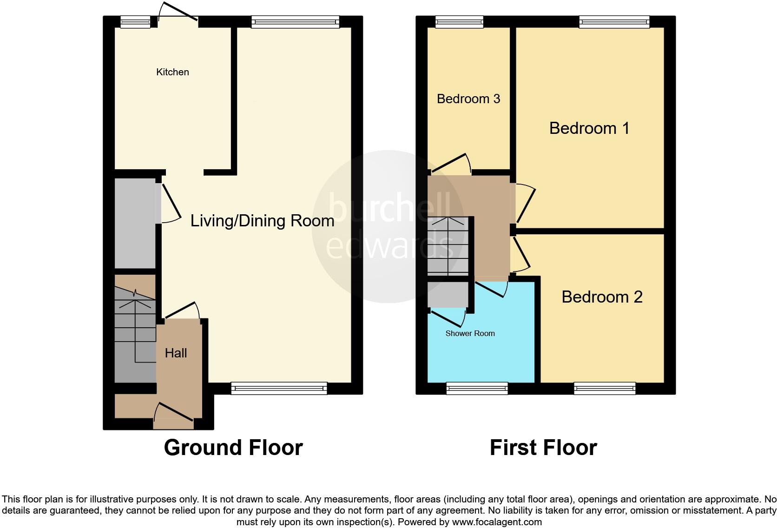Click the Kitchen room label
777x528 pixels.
(x=172, y=72)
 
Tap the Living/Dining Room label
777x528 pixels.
(x=262, y=221)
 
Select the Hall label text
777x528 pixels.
(x=176, y=353)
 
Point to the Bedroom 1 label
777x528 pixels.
(x=589, y=128)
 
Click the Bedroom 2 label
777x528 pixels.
(x=602, y=297)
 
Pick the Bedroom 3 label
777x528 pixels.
(x=468, y=99)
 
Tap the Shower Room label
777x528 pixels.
(x=470, y=334)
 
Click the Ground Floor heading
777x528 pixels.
(x=233, y=448)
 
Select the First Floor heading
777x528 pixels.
(x=543, y=448)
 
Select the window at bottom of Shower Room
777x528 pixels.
(x=477, y=388)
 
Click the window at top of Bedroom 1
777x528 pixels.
(x=614, y=21)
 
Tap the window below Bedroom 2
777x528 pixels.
(x=605, y=388)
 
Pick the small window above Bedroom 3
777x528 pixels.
(x=459, y=21)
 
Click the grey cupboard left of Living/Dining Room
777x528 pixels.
(x=135, y=223)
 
